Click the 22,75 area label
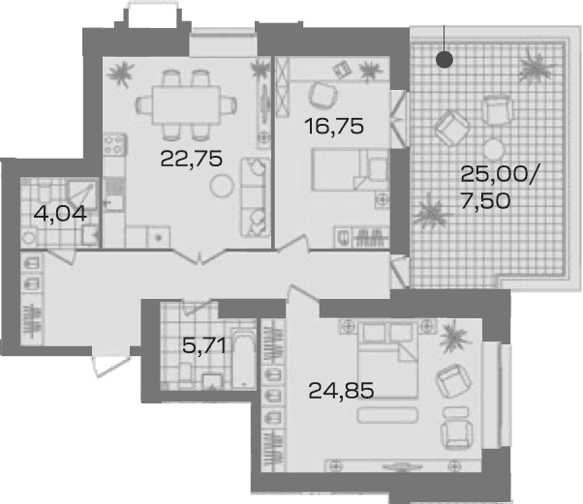tap(191, 159)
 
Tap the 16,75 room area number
tap(333, 126)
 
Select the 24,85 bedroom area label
tap(341, 391)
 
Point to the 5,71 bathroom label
tap(204, 345)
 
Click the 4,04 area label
tap(60, 214)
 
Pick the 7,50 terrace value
tap(485, 201)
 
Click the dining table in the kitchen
tap(186, 105)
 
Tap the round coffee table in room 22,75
tap(222, 186)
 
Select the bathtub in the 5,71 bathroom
tap(243, 357)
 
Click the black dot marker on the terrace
tap(445, 59)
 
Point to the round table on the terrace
tap(494, 149)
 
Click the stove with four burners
tap(114, 144)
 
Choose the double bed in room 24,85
tap(388, 360)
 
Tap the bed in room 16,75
tap(350, 169)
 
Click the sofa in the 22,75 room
tap(256, 197)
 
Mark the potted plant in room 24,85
tap(455, 338)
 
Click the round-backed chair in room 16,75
tap(323, 95)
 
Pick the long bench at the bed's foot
tap(387, 415)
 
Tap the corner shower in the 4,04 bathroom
tap(81, 193)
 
